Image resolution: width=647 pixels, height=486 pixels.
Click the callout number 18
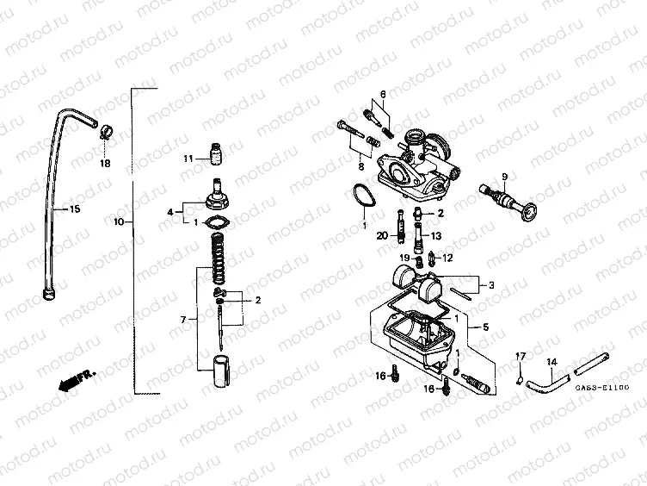point(104,162)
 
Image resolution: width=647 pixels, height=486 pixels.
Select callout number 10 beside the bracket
point(119,221)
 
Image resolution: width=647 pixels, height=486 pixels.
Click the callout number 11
point(188,158)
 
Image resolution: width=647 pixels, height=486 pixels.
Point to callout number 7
point(182,320)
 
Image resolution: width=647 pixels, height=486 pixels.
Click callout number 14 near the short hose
point(552,361)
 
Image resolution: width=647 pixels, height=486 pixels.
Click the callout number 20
point(382,234)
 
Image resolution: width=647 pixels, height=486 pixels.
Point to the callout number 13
point(436,234)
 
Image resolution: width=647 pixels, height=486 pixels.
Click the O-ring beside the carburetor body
point(363,196)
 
